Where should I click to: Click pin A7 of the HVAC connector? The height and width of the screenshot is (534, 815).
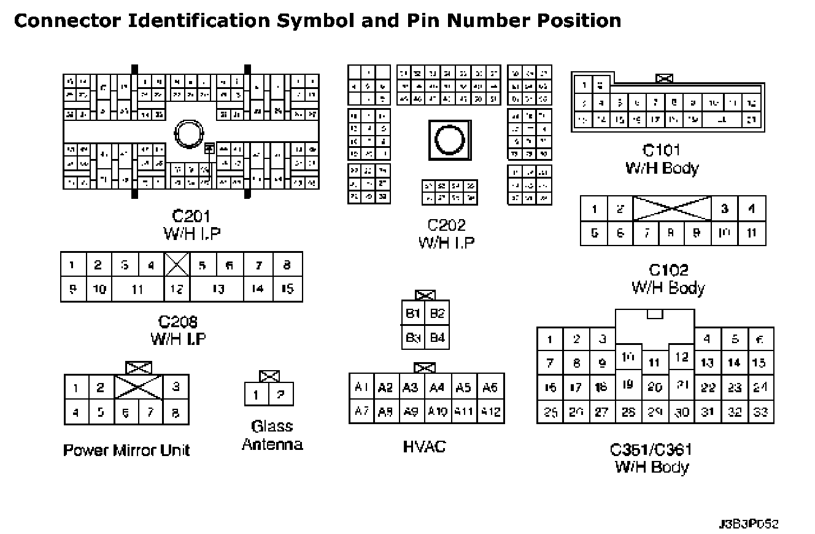[x=361, y=411]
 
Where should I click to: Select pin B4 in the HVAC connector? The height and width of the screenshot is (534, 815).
[x=437, y=338]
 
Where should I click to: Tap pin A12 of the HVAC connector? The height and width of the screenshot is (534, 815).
[x=490, y=411]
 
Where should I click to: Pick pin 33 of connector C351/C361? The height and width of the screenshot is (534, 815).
[x=760, y=412]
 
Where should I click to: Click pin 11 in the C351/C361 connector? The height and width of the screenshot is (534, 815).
[x=655, y=363]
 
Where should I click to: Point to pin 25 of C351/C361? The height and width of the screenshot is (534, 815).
[x=550, y=412]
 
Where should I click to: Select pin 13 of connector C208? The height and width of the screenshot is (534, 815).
[x=217, y=289]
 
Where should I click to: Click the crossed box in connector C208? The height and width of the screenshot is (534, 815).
[x=177, y=265]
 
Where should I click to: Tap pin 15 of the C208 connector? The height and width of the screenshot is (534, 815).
[x=287, y=289]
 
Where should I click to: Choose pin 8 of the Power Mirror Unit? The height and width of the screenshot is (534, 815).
[x=176, y=412]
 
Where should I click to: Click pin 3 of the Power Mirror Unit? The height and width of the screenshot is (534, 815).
[x=176, y=387]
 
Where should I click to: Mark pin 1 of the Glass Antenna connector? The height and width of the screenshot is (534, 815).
[x=257, y=394]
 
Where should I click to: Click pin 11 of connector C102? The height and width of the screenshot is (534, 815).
[x=752, y=233]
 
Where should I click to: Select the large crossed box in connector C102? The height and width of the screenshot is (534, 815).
[x=672, y=209]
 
